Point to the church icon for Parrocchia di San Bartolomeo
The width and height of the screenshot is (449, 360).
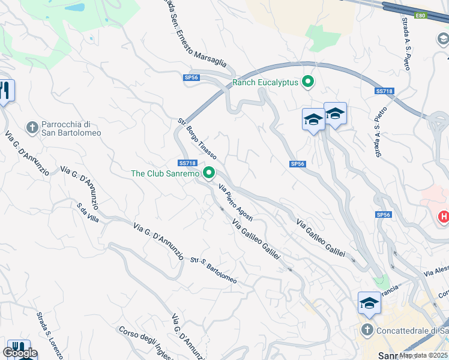tap(32, 127)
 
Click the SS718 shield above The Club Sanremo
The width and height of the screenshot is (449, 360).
tap(187, 163)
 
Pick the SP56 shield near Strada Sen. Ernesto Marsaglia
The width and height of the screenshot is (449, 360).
tap(191, 77)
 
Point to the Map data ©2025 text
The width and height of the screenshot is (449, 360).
tap(423, 355)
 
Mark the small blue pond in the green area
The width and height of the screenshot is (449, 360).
tap(76, 8)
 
